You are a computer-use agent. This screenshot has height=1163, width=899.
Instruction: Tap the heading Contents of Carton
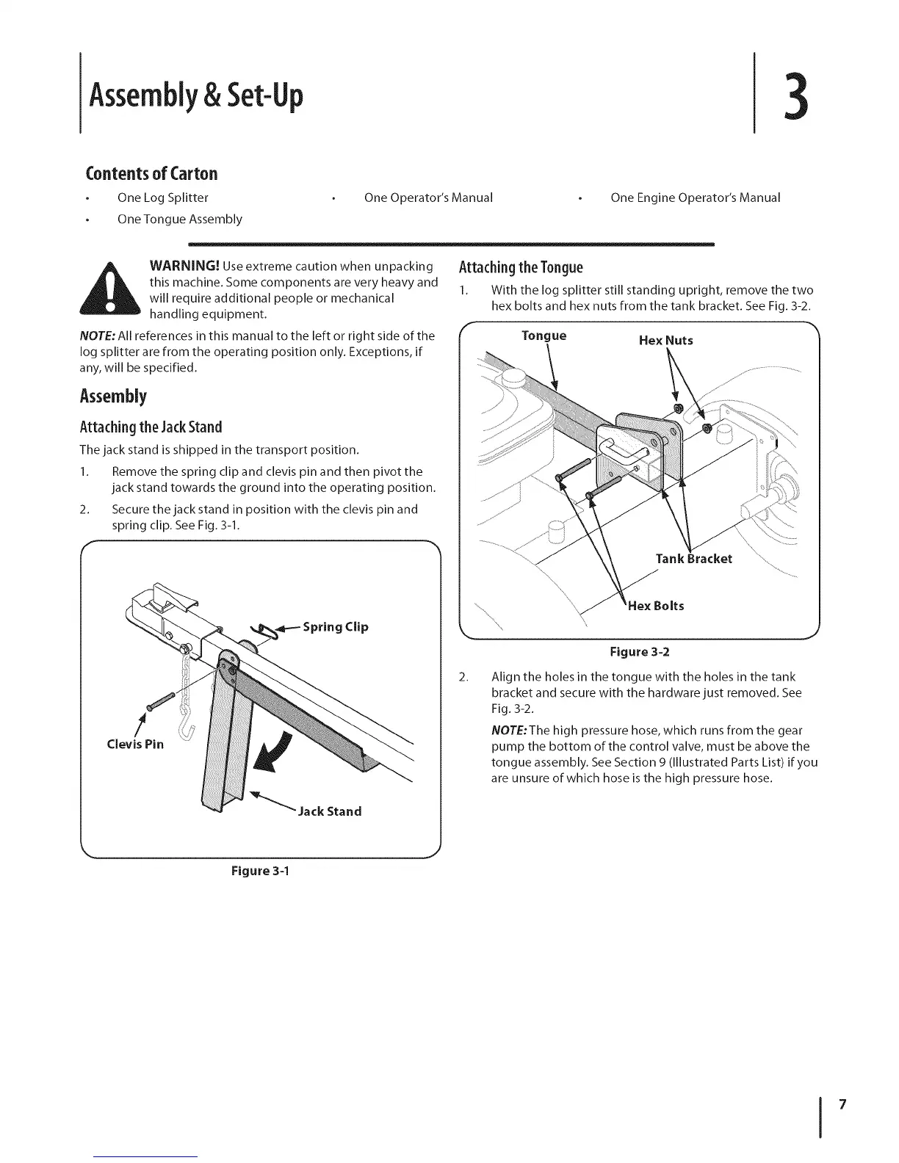pyautogui.click(x=152, y=173)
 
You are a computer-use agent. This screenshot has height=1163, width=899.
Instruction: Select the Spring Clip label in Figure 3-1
pyautogui.click(x=336, y=627)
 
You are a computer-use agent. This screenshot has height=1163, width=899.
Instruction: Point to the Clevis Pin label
pyautogui.click(x=135, y=744)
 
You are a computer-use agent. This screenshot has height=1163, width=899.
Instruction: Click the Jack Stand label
pyautogui.click(x=329, y=811)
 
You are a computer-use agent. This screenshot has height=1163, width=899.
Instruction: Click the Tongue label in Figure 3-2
pyautogui.click(x=544, y=336)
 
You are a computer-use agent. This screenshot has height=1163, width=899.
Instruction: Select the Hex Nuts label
pyautogui.click(x=665, y=341)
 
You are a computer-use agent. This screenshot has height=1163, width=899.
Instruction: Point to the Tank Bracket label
pyautogui.click(x=693, y=559)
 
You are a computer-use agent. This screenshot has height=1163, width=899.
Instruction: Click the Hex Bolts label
pyautogui.click(x=656, y=606)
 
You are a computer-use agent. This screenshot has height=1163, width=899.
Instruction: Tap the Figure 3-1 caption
pyautogui.click(x=260, y=872)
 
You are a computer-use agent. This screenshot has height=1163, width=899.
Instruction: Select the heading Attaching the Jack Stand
pyautogui.click(x=151, y=427)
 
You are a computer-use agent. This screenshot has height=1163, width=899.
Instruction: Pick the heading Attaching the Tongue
pyautogui.click(x=521, y=267)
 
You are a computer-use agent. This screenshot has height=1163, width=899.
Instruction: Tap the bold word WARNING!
pyautogui.click(x=184, y=265)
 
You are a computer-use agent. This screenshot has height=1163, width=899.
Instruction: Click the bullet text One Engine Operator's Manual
pyautogui.click(x=695, y=198)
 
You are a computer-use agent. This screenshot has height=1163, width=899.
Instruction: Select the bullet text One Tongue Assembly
pyautogui.click(x=179, y=219)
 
